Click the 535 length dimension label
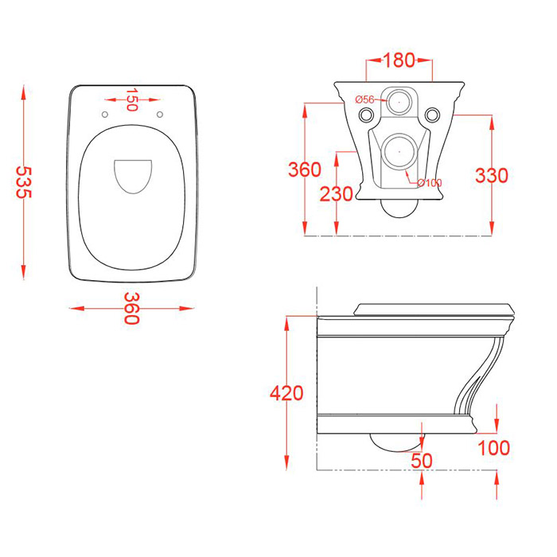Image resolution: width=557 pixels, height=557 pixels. (x=24, y=182)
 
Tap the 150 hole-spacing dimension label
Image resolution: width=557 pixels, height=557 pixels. (x=132, y=99)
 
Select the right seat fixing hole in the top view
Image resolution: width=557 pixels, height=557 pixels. (x=160, y=115)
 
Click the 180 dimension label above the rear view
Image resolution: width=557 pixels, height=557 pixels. (x=399, y=60)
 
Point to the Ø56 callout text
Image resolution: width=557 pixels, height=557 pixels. (x=364, y=99)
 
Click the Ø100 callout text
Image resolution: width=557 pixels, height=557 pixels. (x=430, y=183)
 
